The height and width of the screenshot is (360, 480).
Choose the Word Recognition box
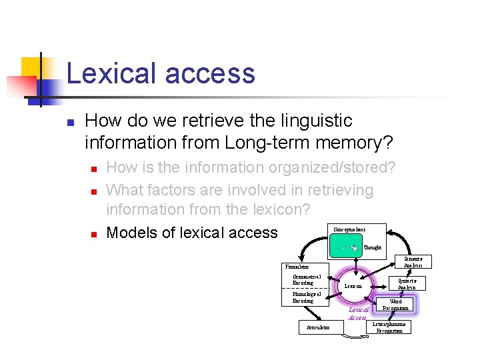click(395, 305)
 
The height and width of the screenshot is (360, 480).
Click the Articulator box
click(317, 328)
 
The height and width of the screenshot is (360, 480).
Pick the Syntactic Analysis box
click(407, 283)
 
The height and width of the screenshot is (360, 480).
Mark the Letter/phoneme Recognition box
click(389, 327)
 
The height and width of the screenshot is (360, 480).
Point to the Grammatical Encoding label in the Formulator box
click(307, 280)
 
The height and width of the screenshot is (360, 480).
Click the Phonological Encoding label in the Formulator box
click(307, 297)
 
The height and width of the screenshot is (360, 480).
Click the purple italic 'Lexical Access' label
click(358, 313)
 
